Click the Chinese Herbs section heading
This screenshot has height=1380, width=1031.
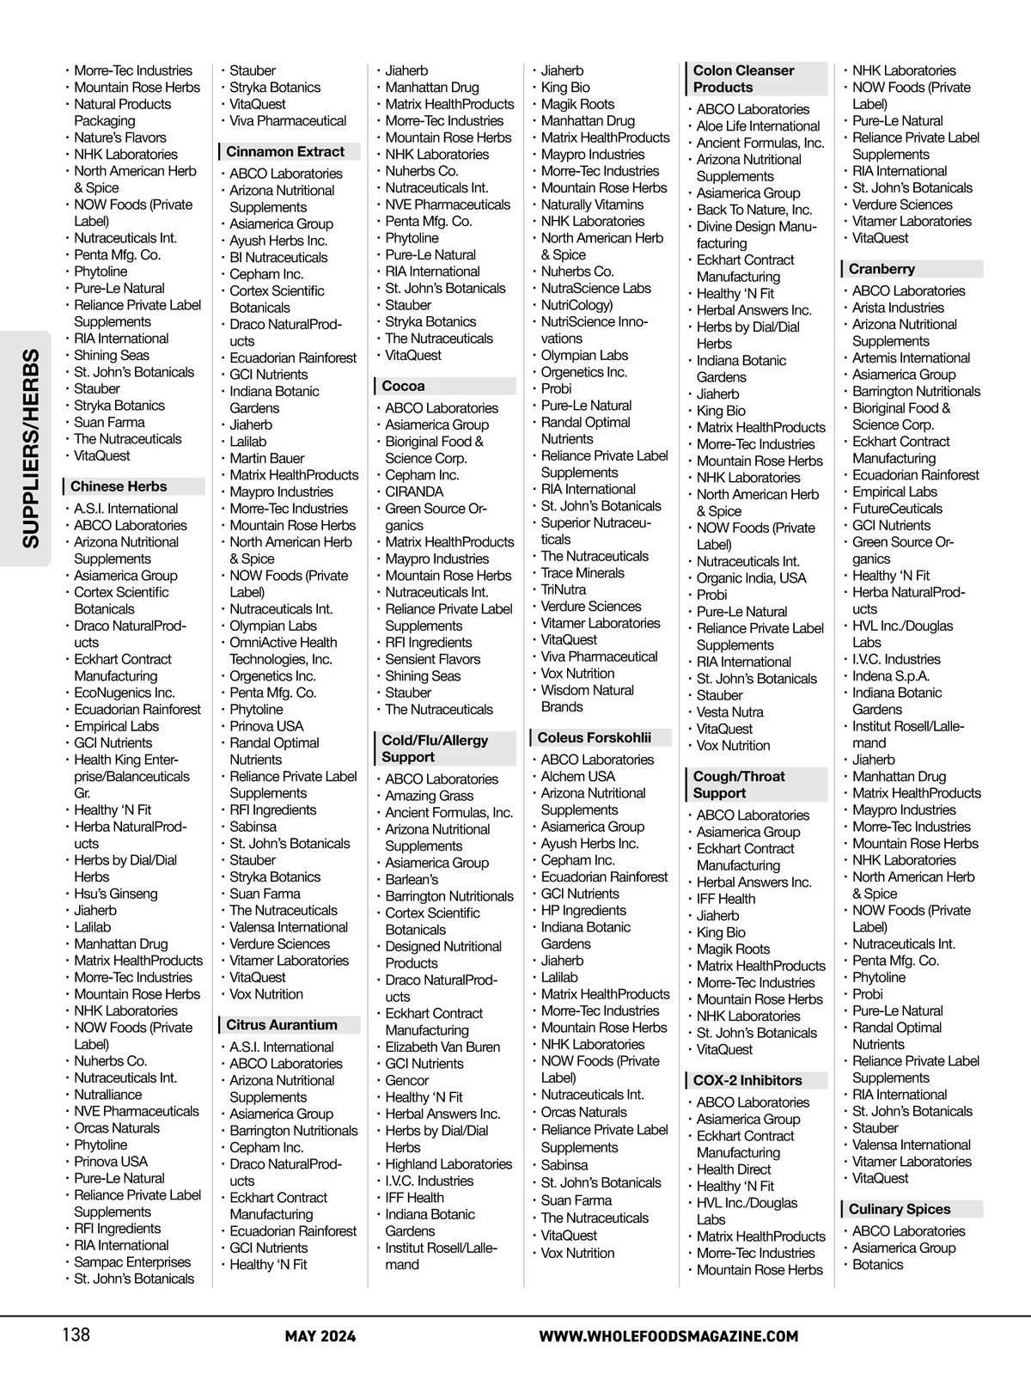pyautogui.click(x=119, y=486)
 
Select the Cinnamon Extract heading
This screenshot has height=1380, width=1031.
pyautogui.click(x=285, y=152)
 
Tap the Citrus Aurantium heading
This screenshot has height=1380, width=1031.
pyautogui.click(x=282, y=1025)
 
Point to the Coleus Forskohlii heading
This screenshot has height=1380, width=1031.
pyautogui.click(x=594, y=738)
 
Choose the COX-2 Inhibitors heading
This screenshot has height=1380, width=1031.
pyautogui.click(x=747, y=1081)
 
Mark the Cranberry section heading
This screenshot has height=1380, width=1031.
pyautogui.click(x=882, y=269)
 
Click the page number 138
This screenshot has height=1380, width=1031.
pyautogui.click(x=76, y=1334)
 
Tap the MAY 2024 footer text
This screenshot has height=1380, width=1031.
pyautogui.click(x=320, y=1336)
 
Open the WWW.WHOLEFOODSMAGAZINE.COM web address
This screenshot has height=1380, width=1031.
pyautogui.click(x=668, y=1336)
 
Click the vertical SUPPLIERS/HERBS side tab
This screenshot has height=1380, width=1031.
pyautogui.click(x=31, y=448)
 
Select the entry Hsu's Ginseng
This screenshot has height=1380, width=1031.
pyautogui.click(x=116, y=894)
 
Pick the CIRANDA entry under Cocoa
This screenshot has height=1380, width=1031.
pyautogui.click(x=414, y=492)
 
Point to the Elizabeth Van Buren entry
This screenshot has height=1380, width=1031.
pyautogui.click(x=442, y=1047)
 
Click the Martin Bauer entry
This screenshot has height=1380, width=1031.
pyautogui.click(x=266, y=459)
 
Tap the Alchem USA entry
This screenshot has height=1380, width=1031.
pyautogui.click(x=577, y=777)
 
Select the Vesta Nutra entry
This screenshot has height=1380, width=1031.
pyautogui.click(x=729, y=712)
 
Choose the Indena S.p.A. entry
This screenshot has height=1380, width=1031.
pyautogui.click(x=890, y=676)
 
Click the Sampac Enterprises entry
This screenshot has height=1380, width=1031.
pyautogui.click(x=132, y=1262)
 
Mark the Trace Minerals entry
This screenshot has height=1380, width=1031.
pyautogui.click(x=583, y=573)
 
